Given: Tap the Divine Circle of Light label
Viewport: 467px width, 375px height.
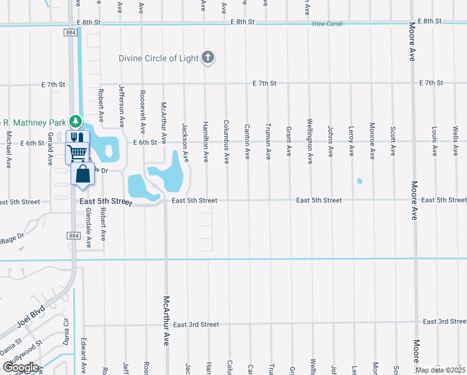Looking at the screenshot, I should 159,58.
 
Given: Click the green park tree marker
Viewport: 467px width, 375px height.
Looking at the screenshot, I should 75,120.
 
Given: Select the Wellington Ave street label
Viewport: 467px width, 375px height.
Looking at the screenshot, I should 310,141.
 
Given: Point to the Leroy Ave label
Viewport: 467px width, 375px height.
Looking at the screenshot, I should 351,141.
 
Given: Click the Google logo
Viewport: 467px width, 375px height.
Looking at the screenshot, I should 21,367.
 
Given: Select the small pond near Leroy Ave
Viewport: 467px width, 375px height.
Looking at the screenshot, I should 359,181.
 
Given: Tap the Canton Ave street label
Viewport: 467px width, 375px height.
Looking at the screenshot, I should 247,141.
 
